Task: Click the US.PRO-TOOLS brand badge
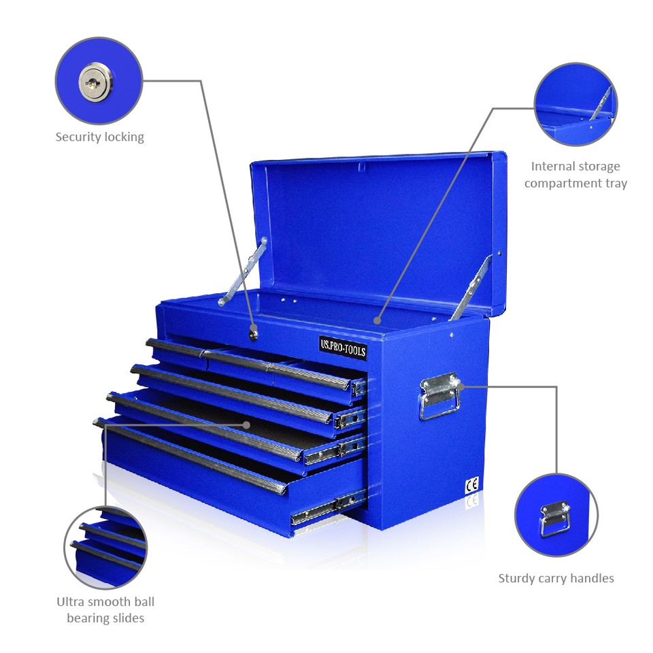click(342, 347)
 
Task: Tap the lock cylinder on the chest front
click(253, 331)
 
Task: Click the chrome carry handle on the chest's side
click(439, 396)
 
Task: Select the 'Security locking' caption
click(99, 137)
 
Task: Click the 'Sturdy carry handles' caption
click(556, 578)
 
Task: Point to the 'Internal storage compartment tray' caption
click(575, 175)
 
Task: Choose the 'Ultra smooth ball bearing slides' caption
click(105, 609)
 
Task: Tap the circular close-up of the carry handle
click(556, 515)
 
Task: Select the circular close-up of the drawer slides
click(105, 548)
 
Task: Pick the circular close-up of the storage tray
click(575, 105)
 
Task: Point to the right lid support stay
click(471, 287)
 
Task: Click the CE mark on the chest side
click(471, 486)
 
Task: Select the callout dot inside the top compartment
click(377, 319)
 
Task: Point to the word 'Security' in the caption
click(78, 137)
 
